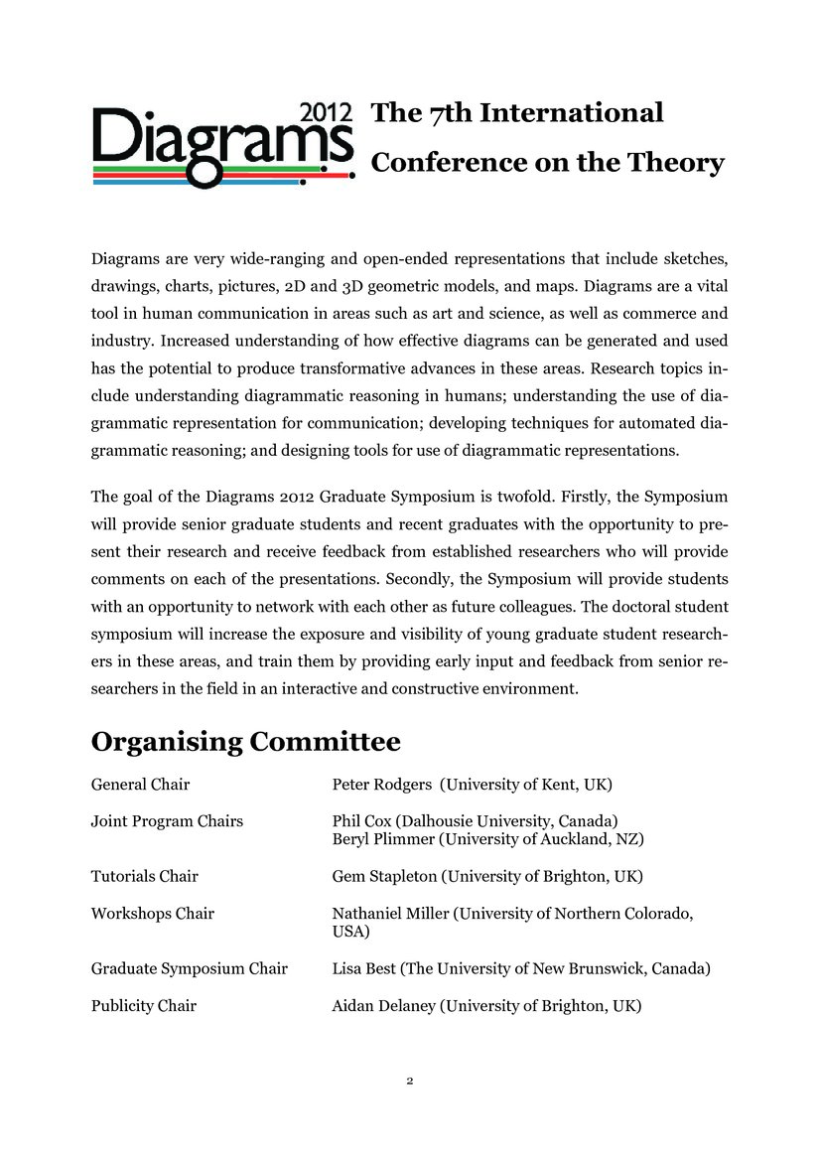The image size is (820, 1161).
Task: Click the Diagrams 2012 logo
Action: pos(222,145)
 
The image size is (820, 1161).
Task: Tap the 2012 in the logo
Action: pos(326,112)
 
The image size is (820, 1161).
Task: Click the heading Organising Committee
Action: pos(246,741)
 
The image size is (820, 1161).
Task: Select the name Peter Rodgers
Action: pos(382,785)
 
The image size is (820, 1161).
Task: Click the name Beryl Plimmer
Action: pos(383,839)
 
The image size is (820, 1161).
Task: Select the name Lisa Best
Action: pos(363,968)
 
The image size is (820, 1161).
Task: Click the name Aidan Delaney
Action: pos(384,1005)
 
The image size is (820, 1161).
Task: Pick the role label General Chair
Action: pos(140,785)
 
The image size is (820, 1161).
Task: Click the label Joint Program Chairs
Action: pos(167,821)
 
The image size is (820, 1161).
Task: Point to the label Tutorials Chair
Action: pos(144,876)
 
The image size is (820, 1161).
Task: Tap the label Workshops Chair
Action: pos(152,913)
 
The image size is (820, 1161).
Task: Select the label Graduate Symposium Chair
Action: pos(189,968)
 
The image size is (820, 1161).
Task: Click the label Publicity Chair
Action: pos(143,1005)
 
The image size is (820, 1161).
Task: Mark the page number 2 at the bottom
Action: pos(409,1081)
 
